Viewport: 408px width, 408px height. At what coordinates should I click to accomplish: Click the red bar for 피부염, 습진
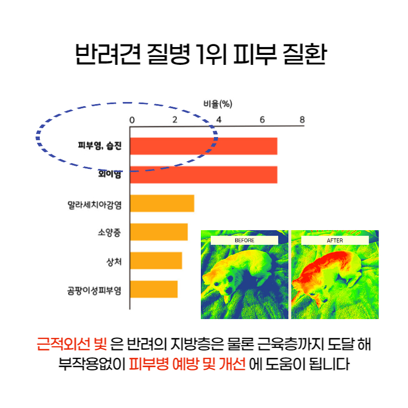click(x=204, y=146)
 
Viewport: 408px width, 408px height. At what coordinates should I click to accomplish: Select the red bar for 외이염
click(x=204, y=175)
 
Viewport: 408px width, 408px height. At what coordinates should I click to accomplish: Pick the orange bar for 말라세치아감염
click(x=162, y=203)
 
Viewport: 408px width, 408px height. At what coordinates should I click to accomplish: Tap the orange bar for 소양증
click(x=159, y=232)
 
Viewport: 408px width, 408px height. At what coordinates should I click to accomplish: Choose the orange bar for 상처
click(x=156, y=260)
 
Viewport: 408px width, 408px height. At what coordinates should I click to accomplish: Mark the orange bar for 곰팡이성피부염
click(x=154, y=289)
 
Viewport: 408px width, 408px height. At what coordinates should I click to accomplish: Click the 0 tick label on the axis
click(x=132, y=120)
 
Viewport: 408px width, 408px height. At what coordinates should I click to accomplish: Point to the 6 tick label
click(x=262, y=120)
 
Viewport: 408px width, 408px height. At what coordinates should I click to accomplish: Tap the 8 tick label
click(x=302, y=120)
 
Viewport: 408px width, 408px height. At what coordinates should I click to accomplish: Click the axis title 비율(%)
click(x=218, y=104)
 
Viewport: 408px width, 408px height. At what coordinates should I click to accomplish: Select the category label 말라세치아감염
click(x=95, y=205)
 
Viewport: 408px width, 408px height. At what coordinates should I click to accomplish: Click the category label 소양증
click(x=109, y=232)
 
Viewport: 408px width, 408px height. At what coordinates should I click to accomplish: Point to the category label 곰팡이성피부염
click(x=95, y=290)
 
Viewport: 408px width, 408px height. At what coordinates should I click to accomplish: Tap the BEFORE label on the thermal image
click(x=244, y=241)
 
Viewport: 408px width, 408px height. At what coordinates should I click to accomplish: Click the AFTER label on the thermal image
click(x=335, y=241)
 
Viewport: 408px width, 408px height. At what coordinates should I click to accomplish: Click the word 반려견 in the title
click(x=108, y=54)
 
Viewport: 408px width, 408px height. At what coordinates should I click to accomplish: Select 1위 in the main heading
click(x=211, y=54)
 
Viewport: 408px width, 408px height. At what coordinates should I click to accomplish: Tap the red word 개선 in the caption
click(x=232, y=364)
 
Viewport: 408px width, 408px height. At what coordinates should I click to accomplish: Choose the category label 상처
click(x=114, y=262)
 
